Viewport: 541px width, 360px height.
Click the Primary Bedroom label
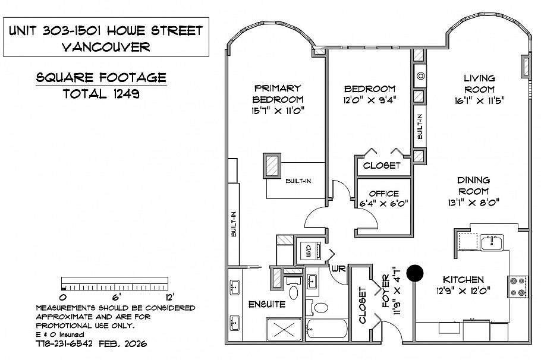coord(278,94)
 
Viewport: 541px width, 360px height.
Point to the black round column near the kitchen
coord(415,273)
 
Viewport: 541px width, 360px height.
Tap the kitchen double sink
coord(492,242)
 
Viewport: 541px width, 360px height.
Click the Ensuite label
coord(267,304)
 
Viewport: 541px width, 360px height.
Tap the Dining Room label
coord(473,185)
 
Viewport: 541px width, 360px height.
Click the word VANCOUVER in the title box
coord(106,47)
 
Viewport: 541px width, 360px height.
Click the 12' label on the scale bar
coord(169,296)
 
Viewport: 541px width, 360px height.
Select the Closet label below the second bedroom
coord(382,165)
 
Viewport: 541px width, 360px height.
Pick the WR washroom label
coord(339,268)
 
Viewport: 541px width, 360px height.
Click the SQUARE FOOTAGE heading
coord(100,78)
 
